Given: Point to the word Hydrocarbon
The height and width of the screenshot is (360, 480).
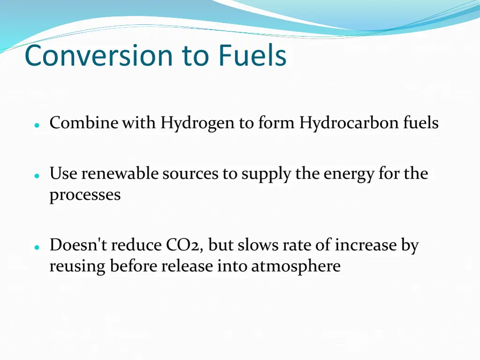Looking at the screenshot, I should (x=349, y=123).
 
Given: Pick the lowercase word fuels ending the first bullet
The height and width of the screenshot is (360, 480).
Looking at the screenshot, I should (x=421, y=123).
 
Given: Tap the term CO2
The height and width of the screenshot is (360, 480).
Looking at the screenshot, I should (x=183, y=245).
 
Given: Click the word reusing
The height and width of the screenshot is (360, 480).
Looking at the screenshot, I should (x=78, y=267).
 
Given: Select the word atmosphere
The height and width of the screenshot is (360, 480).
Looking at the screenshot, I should (x=296, y=267).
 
